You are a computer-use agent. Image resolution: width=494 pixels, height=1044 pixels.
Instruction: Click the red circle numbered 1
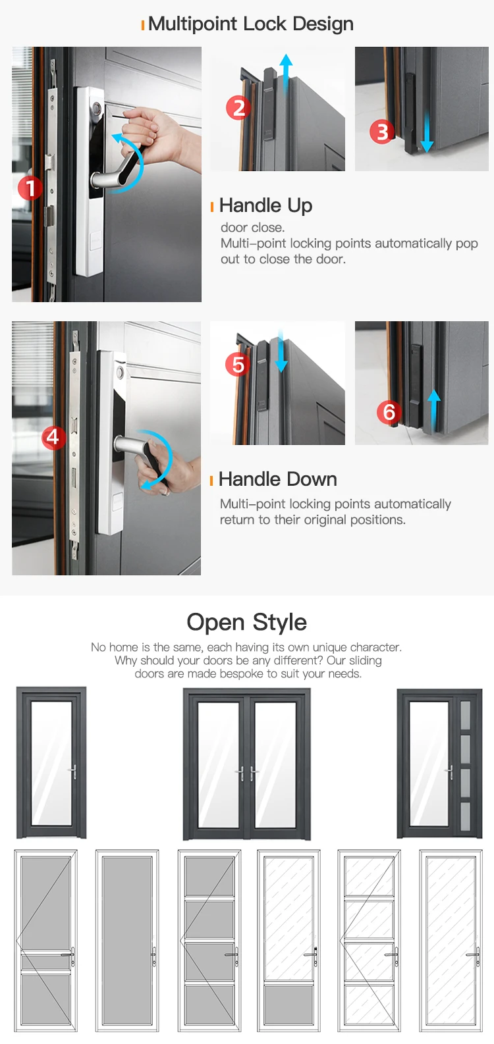pyautogui.click(x=30, y=188)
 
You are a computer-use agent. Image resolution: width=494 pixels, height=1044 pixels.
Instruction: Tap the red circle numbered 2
pyautogui.click(x=238, y=108)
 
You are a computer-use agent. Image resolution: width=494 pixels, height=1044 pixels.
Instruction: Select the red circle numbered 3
pyautogui.click(x=382, y=132)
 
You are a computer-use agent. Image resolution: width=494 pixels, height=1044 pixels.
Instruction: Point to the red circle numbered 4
pyautogui.click(x=53, y=437)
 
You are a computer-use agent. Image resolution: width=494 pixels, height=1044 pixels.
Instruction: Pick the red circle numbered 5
pyautogui.click(x=238, y=365)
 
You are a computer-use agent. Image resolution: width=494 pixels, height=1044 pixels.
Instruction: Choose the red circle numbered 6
pyautogui.click(x=389, y=413)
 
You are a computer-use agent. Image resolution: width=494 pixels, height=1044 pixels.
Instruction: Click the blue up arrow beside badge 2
pyautogui.click(x=285, y=72)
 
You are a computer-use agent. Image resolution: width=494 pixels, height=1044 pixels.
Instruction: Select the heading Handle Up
pyautogui.click(x=265, y=205)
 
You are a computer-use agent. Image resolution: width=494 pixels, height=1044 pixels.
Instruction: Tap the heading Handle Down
pyautogui.click(x=277, y=479)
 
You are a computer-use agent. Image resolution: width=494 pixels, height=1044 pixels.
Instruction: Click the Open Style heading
pyautogui.click(x=246, y=622)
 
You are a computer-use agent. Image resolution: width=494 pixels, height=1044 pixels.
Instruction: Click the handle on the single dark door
pyautogui.click(x=72, y=771)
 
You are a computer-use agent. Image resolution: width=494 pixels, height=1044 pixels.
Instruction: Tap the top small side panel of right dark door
pyautogui.click(x=465, y=716)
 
